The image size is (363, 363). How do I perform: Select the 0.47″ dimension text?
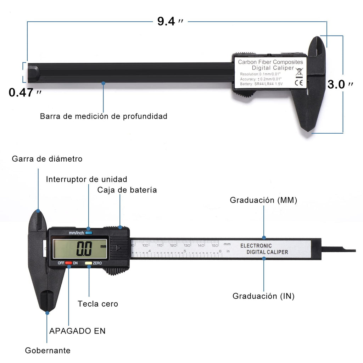click(x=25, y=93)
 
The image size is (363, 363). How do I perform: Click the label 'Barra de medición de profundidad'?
click(x=104, y=116)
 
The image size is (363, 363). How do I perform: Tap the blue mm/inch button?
click(x=89, y=233)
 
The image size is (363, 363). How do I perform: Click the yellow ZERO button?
click(x=88, y=263)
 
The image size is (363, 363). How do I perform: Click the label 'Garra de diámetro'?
click(x=47, y=159)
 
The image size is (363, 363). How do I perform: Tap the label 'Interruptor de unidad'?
click(x=86, y=179)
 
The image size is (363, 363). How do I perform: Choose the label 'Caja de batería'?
click(x=127, y=190)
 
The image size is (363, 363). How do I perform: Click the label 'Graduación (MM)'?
click(x=263, y=200)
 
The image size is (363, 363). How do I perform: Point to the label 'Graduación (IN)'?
click(x=263, y=296)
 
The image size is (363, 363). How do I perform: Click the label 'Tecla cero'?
click(x=98, y=304)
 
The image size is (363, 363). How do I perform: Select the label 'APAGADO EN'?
click(x=77, y=331)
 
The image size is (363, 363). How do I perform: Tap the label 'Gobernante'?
click(x=48, y=351)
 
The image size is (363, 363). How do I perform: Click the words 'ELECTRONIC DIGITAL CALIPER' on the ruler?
click(x=264, y=249)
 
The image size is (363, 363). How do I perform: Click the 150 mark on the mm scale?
click(x=215, y=245)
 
